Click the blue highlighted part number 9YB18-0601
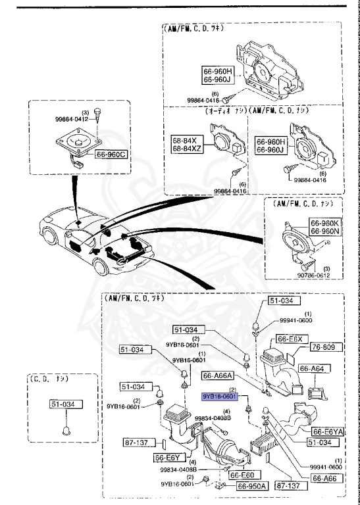coord(219,397)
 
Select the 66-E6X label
coord(290,339)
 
